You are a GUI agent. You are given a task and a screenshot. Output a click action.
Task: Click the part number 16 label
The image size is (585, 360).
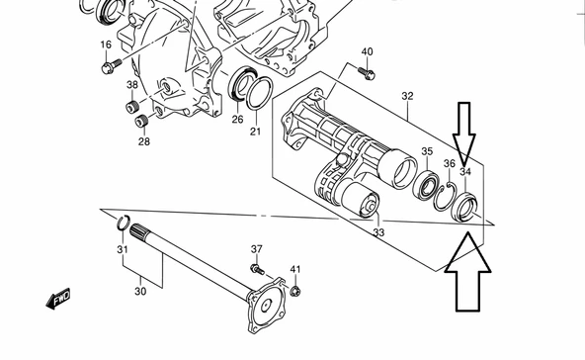(106, 45)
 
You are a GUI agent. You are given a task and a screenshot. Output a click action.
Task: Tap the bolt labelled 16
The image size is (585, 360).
(112, 65)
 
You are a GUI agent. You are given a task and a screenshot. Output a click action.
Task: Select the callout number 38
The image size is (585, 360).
(132, 85)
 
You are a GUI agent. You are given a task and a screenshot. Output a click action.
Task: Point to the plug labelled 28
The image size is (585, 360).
(141, 122)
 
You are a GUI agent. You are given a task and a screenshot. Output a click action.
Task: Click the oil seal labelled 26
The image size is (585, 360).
(241, 84)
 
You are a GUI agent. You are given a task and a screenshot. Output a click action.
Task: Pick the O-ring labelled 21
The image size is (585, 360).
(260, 93)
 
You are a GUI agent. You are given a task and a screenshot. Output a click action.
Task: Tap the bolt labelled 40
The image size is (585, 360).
(367, 72)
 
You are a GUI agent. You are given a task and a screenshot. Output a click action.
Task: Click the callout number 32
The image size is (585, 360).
(407, 96)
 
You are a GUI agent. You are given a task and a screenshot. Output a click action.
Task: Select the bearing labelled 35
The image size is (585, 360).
(426, 185)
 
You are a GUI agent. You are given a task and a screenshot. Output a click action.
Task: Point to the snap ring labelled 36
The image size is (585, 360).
(445, 197)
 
